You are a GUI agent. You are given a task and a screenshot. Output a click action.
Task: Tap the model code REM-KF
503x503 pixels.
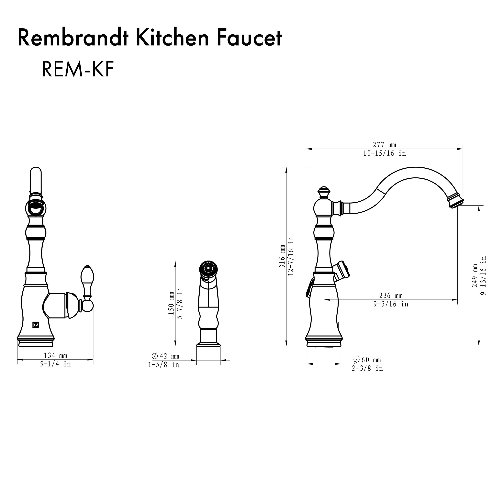pyautogui.click(x=78, y=70)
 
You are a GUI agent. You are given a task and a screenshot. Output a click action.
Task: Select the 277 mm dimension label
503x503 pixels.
pyautogui.click(x=384, y=145)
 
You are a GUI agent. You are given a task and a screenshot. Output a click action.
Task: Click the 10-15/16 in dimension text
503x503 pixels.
pyautogui.click(x=384, y=153)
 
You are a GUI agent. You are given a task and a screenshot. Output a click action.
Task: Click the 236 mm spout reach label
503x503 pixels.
pyautogui.click(x=391, y=296)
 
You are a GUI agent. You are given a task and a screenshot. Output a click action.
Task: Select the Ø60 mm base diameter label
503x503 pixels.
pyautogui.click(x=367, y=360)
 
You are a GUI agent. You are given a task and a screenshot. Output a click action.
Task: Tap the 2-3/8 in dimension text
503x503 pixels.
pyautogui.click(x=367, y=368)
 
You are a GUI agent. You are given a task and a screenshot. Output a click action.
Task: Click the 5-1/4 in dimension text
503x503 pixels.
pyautogui.click(x=55, y=364)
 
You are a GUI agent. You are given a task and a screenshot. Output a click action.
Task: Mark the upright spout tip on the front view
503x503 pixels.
pyautogui.click(x=36, y=180)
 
